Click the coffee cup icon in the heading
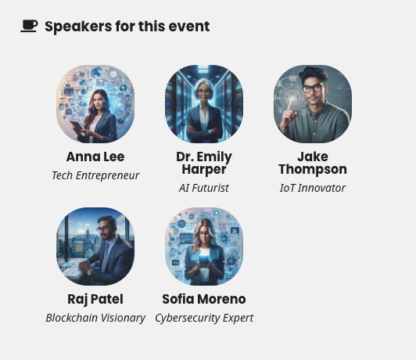coord(29,26)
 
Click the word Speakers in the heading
coord(78,27)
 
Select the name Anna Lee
coord(95,157)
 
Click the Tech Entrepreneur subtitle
coord(95,175)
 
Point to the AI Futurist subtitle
coord(204,188)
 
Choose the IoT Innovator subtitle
coord(313,188)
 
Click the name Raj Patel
coord(95,299)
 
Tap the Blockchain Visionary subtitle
coord(95,318)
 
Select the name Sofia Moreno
coord(204,299)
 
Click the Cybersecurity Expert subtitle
coord(204,318)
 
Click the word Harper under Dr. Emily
coord(204,169)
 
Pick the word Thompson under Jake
coord(313,169)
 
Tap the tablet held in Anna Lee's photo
coord(77,126)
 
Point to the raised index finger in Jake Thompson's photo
coord(291,104)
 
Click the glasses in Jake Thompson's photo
coord(313,88)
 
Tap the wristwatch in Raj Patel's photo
coord(90,271)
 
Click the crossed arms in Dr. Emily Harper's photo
coord(204,130)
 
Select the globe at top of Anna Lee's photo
coord(97,72)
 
